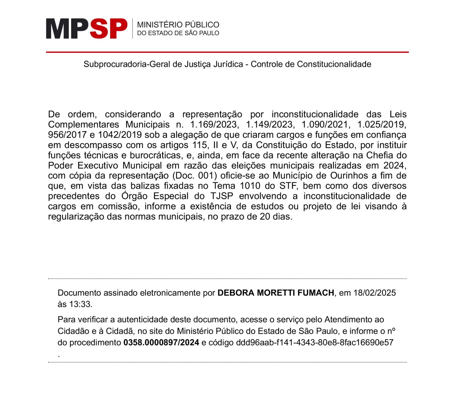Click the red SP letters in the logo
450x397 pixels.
[x=108, y=29]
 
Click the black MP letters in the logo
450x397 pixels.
[x=67, y=29]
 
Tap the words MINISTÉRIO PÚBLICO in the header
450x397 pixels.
[x=178, y=25]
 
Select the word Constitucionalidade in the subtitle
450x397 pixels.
[x=334, y=64]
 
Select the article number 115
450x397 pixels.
[x=200, y=145]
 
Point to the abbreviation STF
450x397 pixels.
[x=287, y=186]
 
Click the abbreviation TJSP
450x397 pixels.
[x=221, y=196]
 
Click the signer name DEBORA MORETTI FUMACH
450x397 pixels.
[x=276, y=293]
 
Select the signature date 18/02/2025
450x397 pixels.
[x=375, y=293]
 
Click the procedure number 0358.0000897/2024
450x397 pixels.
[x=161, y=343]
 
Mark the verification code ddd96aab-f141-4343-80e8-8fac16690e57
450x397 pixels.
[x=315, y=343]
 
